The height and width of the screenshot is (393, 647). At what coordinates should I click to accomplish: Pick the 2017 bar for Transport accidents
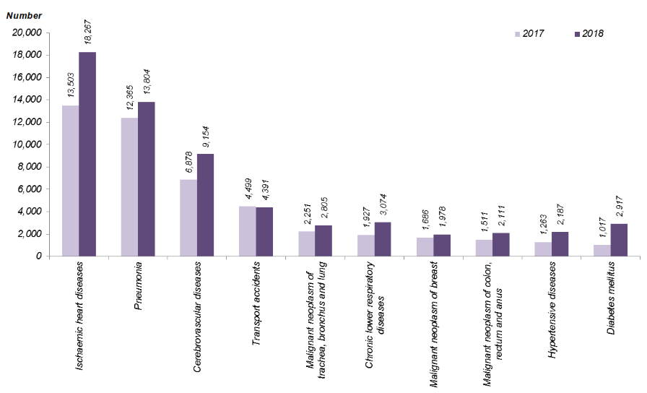pyautogui.click(x=247, y=231)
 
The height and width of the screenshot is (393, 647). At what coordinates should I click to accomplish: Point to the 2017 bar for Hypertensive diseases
pyautogui.click(x=543, y=249)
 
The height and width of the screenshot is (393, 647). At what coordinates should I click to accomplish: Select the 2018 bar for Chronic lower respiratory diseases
pyautogui.click(x=383, y=239)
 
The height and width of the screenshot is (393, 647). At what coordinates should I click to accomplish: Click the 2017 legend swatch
pyautogui.click(x=517, y=34)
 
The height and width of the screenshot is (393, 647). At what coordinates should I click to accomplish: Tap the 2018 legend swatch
pyautogui.click(x=577, y=34)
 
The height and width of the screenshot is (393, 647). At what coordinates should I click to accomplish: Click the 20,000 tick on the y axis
pyautogui.click(x=27, y=33)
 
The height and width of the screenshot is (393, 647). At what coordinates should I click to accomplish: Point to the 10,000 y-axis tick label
pyautogui.click(x=27, y=144)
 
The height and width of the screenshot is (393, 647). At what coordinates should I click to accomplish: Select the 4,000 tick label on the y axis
pyautogui.click(x=30, y=212)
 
